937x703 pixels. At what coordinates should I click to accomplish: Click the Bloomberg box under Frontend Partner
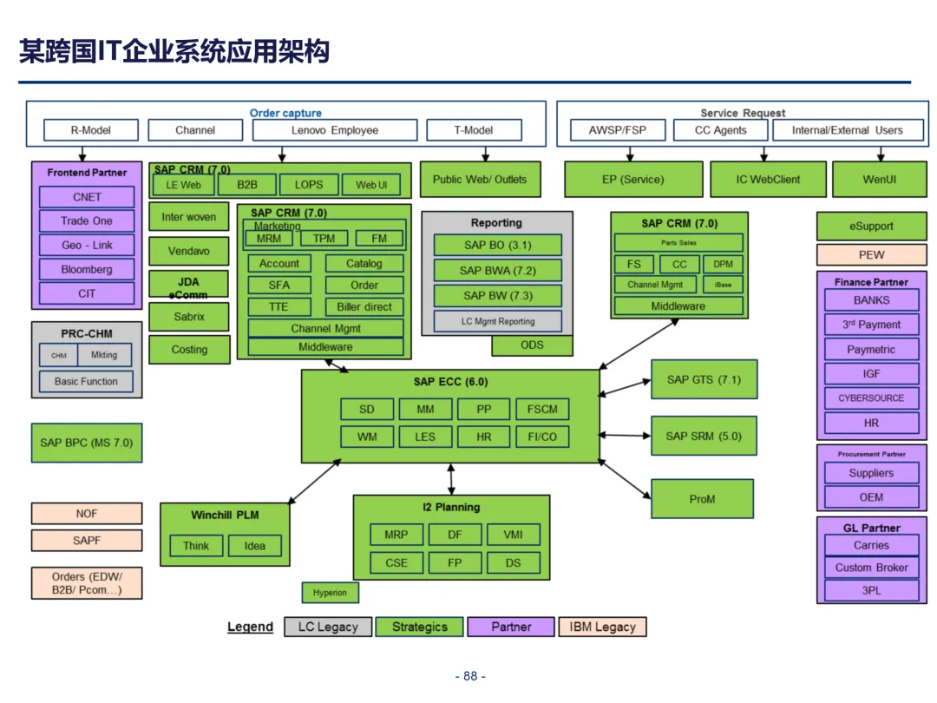87,269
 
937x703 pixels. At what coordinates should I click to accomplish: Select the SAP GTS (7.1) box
704,379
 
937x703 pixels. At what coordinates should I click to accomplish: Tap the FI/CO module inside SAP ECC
542,437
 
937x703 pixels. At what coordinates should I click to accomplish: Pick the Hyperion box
330,593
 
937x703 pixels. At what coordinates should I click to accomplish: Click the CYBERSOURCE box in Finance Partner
871,398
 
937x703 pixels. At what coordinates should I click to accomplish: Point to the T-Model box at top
474,130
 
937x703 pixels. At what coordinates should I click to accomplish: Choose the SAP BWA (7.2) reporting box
497,271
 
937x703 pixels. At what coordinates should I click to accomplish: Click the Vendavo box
189,251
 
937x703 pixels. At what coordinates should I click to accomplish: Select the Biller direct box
364,306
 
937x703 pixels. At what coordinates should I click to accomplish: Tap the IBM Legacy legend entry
602,627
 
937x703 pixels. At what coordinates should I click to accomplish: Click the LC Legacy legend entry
328,627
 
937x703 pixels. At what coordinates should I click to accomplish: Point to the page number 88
470,676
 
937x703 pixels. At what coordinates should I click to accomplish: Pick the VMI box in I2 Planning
513,535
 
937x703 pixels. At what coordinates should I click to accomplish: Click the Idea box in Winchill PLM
254,546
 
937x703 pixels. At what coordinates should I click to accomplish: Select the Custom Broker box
871,568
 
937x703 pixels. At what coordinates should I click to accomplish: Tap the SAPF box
87,540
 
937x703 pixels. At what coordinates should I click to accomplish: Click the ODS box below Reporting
532,345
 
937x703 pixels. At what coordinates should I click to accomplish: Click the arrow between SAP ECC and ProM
625,479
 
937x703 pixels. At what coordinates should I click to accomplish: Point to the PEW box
871,255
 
